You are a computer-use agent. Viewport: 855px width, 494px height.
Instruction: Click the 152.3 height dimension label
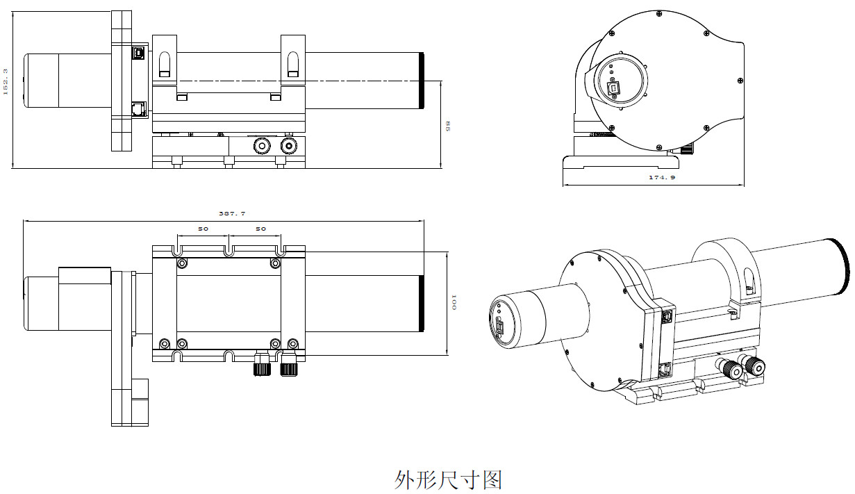(6, 81)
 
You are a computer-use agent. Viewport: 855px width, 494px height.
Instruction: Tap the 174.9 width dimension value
(662, 178)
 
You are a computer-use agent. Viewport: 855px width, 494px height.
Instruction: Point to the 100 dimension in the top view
(454, 302)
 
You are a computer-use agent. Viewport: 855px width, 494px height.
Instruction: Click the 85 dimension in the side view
(448, 126)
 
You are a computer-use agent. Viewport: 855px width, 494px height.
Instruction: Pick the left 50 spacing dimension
(204, 229)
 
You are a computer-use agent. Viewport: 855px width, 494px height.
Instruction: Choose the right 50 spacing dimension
(260, 229)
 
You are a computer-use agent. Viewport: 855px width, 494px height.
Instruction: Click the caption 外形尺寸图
(448, 479)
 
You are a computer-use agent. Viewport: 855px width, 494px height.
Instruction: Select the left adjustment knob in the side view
(263, 145)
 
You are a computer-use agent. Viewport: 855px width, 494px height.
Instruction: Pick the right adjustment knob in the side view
(288, 145)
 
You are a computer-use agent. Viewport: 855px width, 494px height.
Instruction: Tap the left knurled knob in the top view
(262, 368)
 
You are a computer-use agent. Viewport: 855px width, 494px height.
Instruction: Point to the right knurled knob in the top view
(288, 368)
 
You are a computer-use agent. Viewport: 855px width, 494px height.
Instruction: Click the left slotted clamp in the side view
(164, 63)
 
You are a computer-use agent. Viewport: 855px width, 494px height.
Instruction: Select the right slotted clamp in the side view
(292, 63)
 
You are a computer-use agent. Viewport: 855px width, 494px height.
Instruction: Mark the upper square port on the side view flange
(138, 53)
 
